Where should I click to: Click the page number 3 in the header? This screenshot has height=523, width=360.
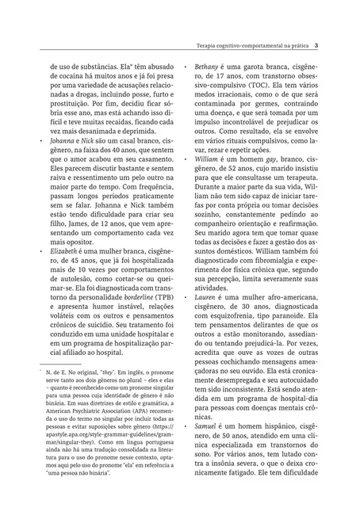click(316, 44)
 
